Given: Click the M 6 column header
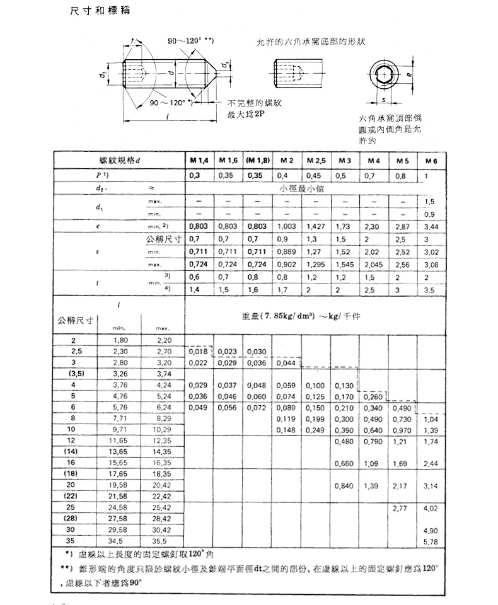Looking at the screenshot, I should (431, 161).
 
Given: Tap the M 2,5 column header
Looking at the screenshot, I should (315, 161).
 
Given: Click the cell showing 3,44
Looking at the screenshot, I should (431, 225).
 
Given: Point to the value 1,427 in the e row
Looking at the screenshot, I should (315, 225).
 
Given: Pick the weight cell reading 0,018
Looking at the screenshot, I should (198, 350).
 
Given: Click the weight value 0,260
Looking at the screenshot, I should (373, 396).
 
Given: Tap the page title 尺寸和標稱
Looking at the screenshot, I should (101, 13).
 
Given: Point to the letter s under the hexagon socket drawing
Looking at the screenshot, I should (382, 100).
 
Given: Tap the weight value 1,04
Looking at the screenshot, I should (431, 419).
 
